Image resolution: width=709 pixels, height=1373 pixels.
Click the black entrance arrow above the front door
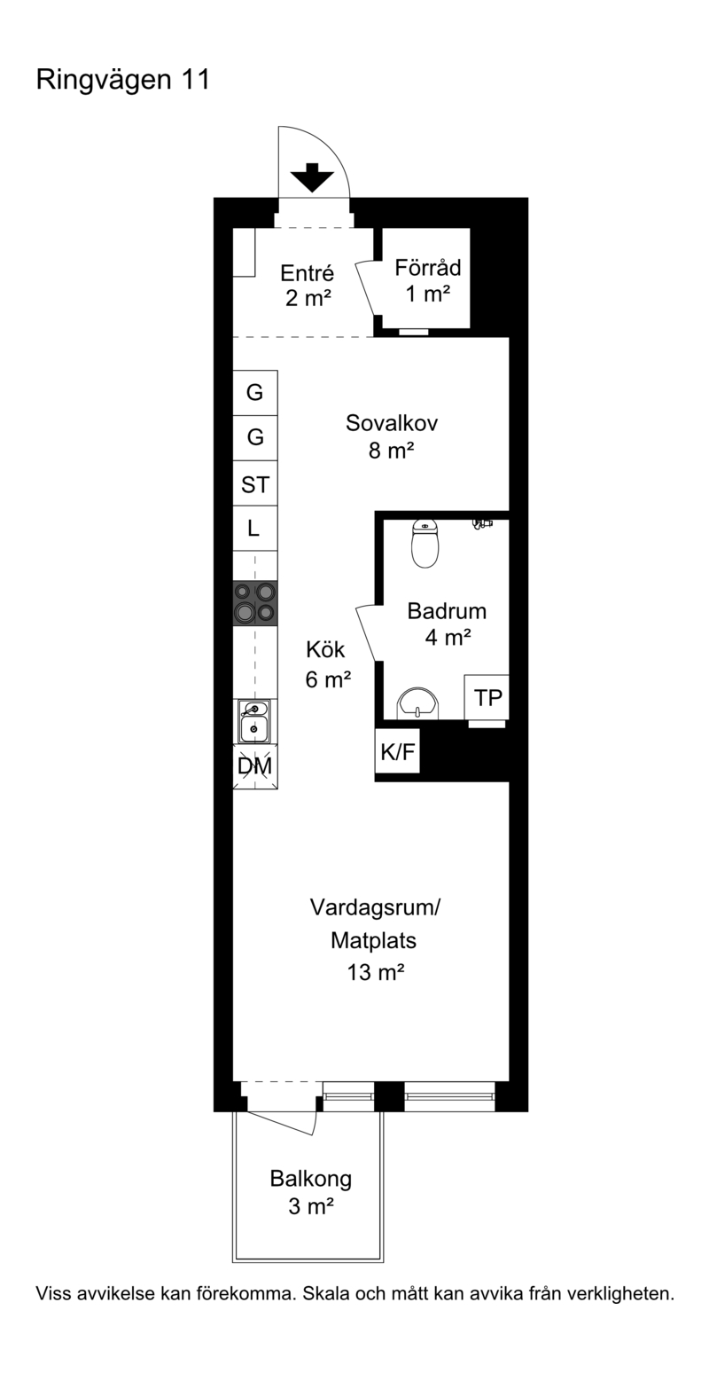click(312, 177)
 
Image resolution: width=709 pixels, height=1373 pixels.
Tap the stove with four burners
click(254, 602)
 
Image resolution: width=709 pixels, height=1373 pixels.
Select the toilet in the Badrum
click(425, 543)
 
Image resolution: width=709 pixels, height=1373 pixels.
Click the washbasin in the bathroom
click(418, 702)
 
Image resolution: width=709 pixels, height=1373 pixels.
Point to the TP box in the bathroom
click(487, 697)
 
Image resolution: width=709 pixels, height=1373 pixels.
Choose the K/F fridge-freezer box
click(397, 751)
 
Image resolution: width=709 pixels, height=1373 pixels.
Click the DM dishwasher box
click(254, 766)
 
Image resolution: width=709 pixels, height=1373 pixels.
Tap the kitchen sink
click(254, 721)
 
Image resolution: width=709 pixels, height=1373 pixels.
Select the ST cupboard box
click(254, 483)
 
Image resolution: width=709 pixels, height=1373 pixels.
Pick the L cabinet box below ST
click(254, 529)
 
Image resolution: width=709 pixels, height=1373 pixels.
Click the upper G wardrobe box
click(254, 393)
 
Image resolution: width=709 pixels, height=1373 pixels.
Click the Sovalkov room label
click(392, 423)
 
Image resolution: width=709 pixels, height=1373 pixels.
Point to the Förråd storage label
click(428, 268)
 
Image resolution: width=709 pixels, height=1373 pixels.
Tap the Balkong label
click(311, 1178)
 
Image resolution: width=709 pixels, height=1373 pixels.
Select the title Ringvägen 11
click(123, 81)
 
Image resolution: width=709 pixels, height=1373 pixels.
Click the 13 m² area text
click(375, 972)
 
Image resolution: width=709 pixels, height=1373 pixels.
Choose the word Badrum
click(447, 611)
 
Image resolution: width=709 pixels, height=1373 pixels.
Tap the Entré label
click(308, 272)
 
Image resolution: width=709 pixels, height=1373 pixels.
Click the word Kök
click(326, 649)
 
